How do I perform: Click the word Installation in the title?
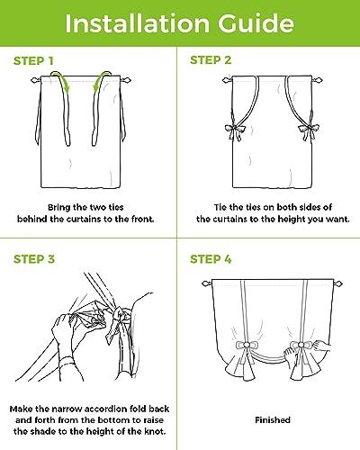point(137,23)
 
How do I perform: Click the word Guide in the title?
point(256,23)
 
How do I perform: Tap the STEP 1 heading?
point(33,61)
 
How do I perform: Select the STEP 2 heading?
point(211,60)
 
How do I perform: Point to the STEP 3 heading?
point(34,259)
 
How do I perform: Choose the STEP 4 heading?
point(211,259)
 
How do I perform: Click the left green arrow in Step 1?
point(61,80)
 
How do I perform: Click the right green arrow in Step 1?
point(102,80)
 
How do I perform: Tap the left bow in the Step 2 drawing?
point(235,131)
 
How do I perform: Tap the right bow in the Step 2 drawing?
point(309,131)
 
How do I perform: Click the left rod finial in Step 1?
point(35,80)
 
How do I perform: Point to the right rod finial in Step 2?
point(318,80)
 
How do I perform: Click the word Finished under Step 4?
point(273,419)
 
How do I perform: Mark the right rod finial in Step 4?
point(337,283)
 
